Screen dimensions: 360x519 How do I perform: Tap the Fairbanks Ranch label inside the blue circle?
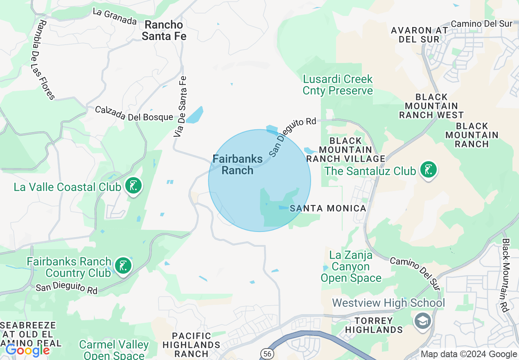click(237, 164)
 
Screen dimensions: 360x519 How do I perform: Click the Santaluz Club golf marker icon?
click(428, 170)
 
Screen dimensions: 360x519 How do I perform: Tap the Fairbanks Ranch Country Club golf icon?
click(123, 265)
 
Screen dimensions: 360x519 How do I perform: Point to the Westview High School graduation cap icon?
click(423, 320)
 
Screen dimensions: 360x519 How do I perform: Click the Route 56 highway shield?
click(266, 353)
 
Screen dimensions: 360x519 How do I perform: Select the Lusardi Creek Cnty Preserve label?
click(338, 84)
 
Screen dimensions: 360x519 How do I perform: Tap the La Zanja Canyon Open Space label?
click(351, 267)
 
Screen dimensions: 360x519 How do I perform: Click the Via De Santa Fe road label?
click(181, 106)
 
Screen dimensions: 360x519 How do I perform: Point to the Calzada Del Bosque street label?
click(134, 113)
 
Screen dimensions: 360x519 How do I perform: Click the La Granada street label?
click(114, 16)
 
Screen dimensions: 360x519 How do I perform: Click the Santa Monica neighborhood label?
click(328, 209)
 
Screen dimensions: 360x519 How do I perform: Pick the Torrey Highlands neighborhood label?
click(374, 325)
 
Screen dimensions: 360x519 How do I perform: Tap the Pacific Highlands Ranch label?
click(191, 345)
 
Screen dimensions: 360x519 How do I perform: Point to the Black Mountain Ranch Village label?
click(346, 149)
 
